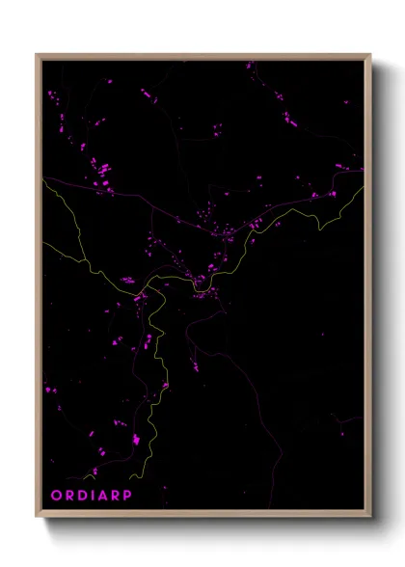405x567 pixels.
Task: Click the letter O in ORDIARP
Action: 54,496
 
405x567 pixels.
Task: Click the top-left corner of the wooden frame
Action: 37,55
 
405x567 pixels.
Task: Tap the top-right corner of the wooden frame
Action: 370,55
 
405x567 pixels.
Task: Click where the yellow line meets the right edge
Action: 363,188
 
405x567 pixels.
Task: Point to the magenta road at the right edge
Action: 364,170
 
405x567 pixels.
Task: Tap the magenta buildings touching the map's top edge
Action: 250,65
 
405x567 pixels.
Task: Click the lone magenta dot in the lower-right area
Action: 341,420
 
